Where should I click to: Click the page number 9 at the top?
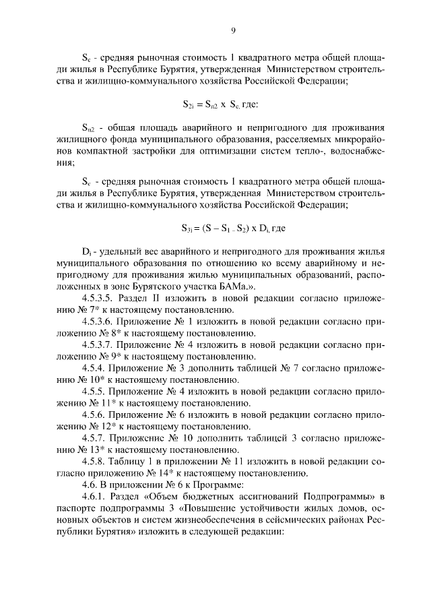[232, 30]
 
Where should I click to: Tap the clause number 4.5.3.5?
[100, 298]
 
